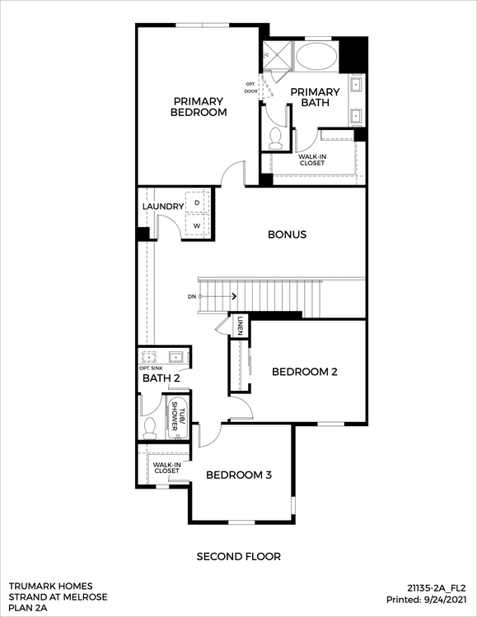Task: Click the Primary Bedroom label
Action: [199, 107]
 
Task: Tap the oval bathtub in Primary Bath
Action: [316, 56]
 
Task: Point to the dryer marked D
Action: [197, 202]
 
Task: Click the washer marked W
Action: [197, 225]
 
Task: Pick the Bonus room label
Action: [287, 234]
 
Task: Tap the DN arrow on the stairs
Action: [217, 296]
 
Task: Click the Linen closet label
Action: [240, 326]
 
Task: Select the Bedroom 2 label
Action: [305, 372]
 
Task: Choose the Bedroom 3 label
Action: [239, 475]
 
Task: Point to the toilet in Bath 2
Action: [149, 428]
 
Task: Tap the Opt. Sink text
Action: [152, 369]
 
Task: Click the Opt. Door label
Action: [250, 87]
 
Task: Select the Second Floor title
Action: [239, 557]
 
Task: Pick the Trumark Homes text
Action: [50, 587]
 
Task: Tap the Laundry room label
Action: [163, 206]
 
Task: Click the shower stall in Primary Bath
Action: [277, 56]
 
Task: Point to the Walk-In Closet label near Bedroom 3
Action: [166, 468]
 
